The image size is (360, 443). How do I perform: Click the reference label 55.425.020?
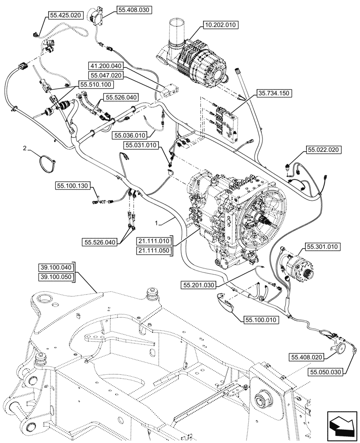[x=65, y=15]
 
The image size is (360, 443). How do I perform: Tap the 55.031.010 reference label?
[x=140, y=144]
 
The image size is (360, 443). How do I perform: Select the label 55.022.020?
[x=323, y=151]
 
